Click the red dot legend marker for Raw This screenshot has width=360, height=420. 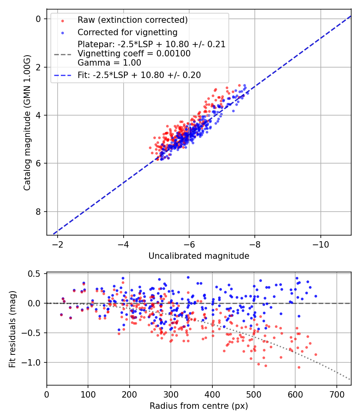point(62,21)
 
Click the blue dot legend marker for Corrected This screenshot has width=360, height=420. point(62,33)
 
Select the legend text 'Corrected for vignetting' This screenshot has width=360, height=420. point(128,32)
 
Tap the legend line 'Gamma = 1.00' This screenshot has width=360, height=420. point(109,63)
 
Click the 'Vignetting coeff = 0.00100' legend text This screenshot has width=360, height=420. point(134,54)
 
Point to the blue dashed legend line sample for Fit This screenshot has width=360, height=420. point(62,76)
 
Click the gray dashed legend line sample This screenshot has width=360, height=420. point(62,54)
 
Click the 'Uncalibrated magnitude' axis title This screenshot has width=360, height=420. point(199,256)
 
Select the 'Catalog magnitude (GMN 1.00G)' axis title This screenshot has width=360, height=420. point(27,123)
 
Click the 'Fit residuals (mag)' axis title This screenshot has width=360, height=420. point(12,329)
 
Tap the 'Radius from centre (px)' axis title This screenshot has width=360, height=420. point(199,406)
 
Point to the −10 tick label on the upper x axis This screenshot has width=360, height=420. point(321,244)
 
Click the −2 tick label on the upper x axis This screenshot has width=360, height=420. point(57,244)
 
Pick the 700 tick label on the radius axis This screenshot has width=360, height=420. point(336,394)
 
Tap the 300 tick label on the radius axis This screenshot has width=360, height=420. point(171,394)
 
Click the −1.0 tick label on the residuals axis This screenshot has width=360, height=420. point(31,363)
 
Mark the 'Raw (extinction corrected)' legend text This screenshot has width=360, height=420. point(132,20)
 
